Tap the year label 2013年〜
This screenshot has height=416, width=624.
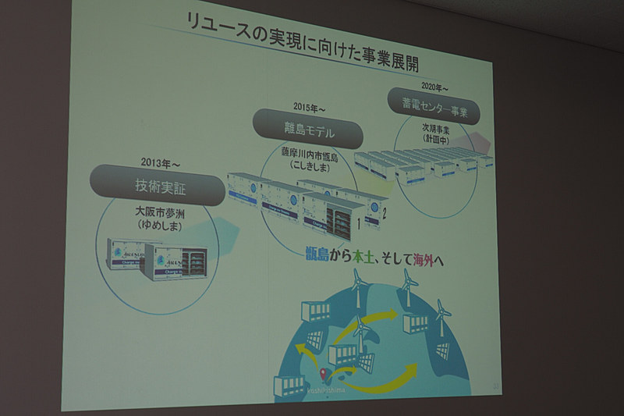pos(161,163)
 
